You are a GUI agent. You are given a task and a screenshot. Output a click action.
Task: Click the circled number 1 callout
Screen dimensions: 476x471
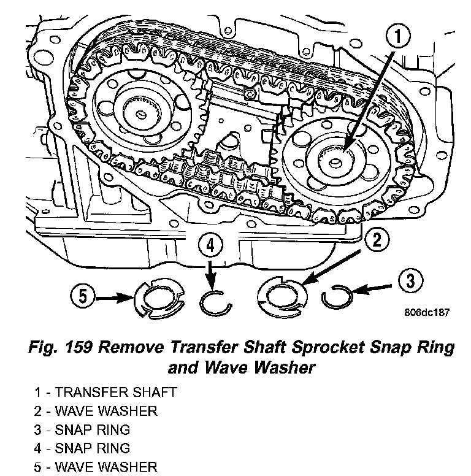(x=399, y=38)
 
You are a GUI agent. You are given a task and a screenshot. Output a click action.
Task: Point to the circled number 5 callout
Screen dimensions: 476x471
(x=83, y=297)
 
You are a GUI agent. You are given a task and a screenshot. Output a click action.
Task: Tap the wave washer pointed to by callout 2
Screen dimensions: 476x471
(x=282, y=296)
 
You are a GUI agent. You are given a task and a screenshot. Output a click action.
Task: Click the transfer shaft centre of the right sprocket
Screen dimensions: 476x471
(x=337, y=161)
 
